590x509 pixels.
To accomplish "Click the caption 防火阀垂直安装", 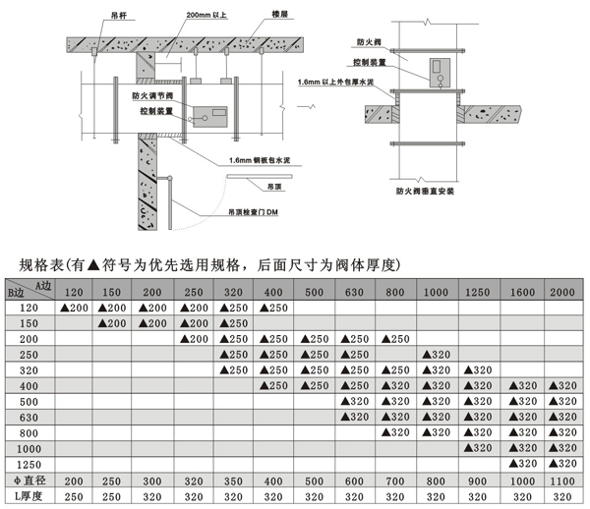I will (430, 194).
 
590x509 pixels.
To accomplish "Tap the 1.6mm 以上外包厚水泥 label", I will (332, 85).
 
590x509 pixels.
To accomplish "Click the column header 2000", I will (561, 293).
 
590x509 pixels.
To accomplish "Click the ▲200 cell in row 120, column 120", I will (74, 309).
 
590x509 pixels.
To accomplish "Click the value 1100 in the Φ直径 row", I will (561, 481).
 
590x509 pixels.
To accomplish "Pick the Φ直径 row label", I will (25, 481).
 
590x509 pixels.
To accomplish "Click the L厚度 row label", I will (25, 497).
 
